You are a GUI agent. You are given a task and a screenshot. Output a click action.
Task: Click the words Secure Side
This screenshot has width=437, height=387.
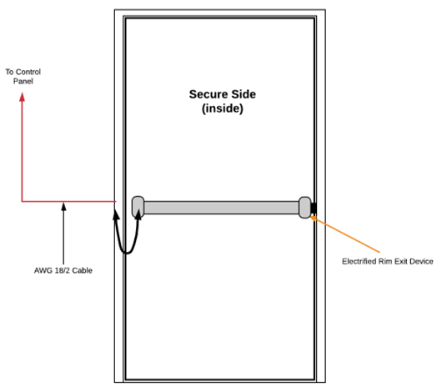[x=223, y=94]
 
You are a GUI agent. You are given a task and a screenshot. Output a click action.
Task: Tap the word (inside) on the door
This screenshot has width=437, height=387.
[x=223, y=108]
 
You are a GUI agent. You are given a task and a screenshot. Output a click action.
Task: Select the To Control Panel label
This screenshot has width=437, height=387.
[x=23, y=77]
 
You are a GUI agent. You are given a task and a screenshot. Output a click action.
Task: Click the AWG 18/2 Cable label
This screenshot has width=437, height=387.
[x=63, y=270]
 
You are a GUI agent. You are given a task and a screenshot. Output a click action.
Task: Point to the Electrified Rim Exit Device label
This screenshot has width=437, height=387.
[x=388, y=261]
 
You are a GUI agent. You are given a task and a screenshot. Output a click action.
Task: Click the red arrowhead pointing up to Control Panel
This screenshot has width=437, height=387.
[x=22, y=98]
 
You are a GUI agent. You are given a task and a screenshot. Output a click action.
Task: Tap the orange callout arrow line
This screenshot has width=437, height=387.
[x=345, y=234]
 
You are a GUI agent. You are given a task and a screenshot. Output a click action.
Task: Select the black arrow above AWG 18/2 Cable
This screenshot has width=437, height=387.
[x=64, y=234]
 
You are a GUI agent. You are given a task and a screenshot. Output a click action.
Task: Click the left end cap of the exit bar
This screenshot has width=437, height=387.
[x=138, y=207]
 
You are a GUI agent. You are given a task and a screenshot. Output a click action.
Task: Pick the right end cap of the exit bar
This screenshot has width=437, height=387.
[x=304, y=208]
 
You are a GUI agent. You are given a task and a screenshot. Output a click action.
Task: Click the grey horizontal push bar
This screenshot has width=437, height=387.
[x=221, y=208]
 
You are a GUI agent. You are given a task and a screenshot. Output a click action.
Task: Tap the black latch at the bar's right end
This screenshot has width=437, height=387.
[x=314, y=208]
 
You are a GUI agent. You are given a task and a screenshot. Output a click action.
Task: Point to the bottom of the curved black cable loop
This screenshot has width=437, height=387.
[x=127, y=254]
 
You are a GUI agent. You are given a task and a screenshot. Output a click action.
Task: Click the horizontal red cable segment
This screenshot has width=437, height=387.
[x=69, y=201]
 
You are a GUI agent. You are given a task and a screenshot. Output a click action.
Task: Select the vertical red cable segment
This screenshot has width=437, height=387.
[x=22, y=148]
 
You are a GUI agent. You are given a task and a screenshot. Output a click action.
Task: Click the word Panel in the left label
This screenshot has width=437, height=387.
[x=23, y=81]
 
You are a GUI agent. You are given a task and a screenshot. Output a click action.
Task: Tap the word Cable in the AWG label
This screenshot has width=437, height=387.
[x=83, y=270]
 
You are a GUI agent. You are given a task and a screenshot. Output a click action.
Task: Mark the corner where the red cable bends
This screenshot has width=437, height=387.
[x=22, y=201]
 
